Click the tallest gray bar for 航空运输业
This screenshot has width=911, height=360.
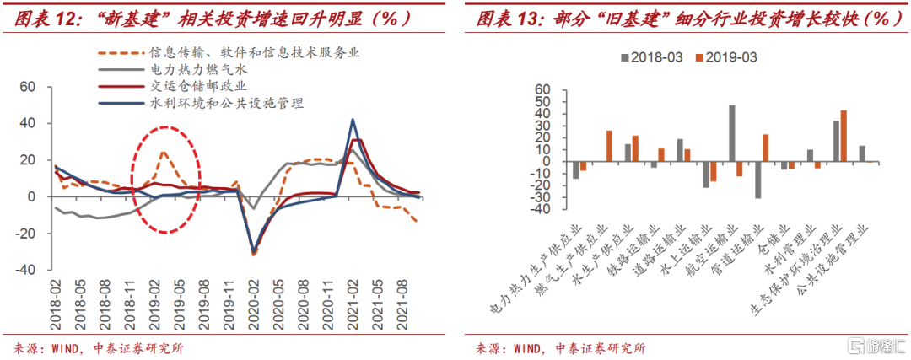732,133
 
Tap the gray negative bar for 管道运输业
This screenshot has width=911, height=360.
757,180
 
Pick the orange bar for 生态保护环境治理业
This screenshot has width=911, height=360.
844,136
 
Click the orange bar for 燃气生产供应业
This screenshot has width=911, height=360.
609,146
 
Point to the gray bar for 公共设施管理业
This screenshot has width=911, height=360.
862,153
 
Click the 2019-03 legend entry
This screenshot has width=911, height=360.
725,57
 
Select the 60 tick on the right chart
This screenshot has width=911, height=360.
543,89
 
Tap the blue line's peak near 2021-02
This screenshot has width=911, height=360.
353,120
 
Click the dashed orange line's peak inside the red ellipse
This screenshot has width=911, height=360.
163,153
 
